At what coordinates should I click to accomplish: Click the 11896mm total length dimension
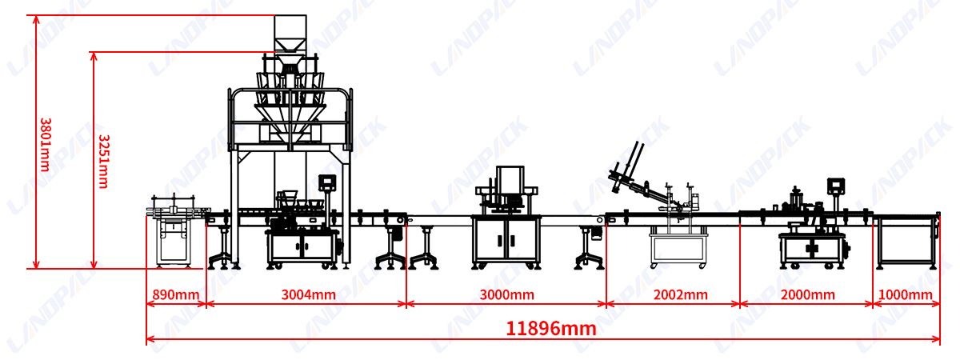551,328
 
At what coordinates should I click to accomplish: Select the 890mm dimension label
175,294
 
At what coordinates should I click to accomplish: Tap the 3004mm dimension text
308,294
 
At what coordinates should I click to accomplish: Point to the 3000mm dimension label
506,294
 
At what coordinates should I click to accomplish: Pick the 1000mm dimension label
906,294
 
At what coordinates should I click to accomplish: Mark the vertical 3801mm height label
46,145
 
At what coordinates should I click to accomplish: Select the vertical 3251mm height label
102,160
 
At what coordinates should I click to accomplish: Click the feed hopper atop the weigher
290,33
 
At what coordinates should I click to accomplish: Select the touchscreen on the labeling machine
837,185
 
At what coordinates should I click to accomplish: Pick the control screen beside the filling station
327,182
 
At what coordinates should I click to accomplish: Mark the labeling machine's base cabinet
810,250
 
